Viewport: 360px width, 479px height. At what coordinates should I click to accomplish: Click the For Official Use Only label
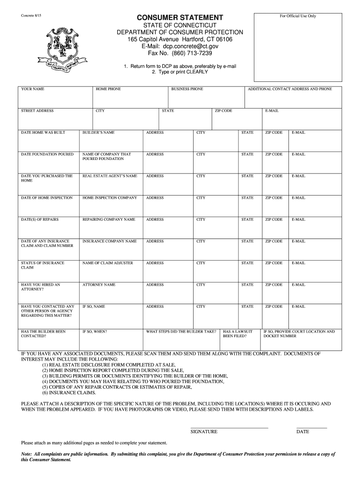click(298, 16)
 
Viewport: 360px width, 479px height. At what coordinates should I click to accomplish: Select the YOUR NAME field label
click(33, 88)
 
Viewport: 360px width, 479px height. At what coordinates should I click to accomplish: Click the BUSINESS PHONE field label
click(187, 88)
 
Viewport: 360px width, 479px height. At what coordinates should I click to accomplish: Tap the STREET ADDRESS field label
click(37, 111)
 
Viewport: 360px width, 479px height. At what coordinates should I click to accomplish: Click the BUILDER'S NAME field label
click(99, 132)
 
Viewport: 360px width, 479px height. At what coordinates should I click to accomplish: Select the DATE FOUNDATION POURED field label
click(47, 154)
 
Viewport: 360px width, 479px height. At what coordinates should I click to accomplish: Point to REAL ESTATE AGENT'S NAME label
click(110, 176)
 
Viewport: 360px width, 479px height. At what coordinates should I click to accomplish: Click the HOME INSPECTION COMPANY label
click(110, 198)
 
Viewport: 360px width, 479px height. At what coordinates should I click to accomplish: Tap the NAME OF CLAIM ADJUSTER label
click(108, 263)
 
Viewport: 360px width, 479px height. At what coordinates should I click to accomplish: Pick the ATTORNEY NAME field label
click(99, 284)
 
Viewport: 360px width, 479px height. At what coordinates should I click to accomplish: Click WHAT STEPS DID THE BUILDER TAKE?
click(181, 331)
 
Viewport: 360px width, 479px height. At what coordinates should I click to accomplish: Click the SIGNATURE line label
click(204, 431)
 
